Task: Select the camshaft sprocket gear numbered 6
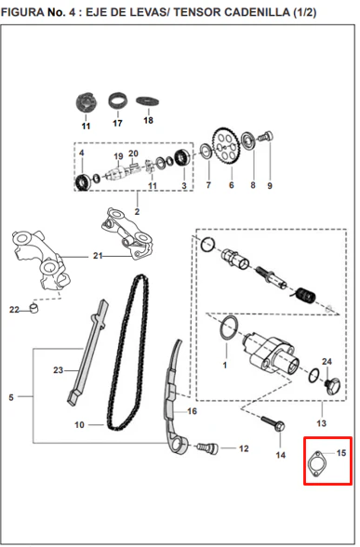(226, 147)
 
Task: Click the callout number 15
(341, 453)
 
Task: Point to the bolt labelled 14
(273, 423)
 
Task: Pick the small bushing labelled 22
(33, 309)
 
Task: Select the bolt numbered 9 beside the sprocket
(266, 136)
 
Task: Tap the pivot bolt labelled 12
(207, 448)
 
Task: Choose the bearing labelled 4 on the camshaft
(83, 181)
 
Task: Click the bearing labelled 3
(181, 157)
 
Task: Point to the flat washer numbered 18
(148, 101)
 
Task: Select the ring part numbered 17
(117, 100)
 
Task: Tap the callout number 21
(98, 256)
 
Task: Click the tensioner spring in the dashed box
(306, 295)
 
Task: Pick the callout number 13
(321, 423)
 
